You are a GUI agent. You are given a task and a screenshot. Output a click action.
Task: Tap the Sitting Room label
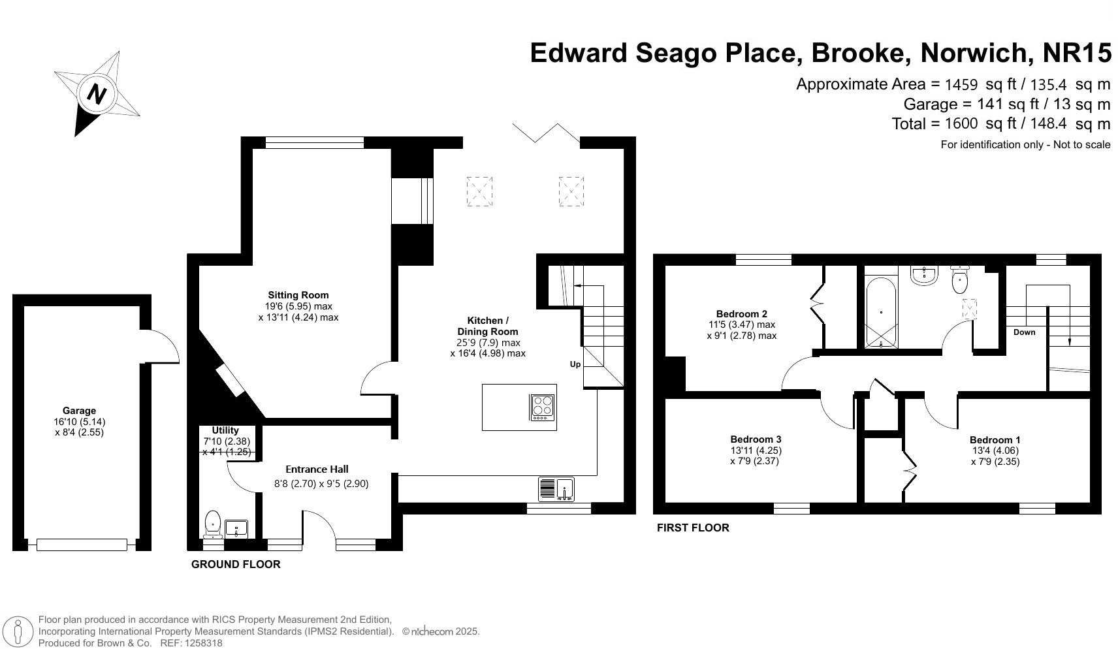pos(298,295)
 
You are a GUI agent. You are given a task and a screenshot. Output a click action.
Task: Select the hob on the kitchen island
pos(543,406)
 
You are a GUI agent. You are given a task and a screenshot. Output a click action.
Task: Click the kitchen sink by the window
pos(556,489)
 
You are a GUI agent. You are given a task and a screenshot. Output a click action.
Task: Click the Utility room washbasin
pos(236,528)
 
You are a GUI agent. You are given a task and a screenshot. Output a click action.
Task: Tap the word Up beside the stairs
pos(575,364)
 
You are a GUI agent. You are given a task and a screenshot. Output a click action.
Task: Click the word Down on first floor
pos(1024,332)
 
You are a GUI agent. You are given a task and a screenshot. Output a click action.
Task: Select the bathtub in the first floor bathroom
pos(881,313)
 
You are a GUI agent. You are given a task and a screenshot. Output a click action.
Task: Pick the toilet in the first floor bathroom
pos(960,281)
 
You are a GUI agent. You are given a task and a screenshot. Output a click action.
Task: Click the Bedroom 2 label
pos(741,313)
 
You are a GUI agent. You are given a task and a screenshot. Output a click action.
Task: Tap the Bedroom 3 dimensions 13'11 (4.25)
pos(756,451)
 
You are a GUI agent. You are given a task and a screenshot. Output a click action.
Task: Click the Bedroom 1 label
pos(995,440)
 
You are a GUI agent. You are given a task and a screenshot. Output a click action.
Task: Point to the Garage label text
pos(79,411)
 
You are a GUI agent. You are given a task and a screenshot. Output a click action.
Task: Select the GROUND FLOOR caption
pos(236,564)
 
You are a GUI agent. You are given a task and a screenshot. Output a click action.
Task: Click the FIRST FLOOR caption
pos(693,528)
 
